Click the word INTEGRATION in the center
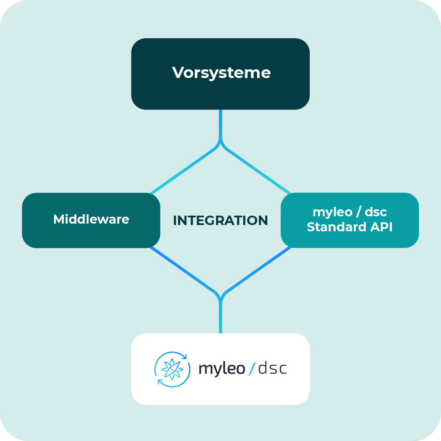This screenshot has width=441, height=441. tap(220, 220)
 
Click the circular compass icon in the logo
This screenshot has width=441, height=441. tap(172, 369)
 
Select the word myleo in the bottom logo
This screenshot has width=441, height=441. tap(222, 369)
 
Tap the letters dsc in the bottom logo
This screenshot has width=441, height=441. tap(272, 369)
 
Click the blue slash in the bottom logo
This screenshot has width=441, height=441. tap(252, 369)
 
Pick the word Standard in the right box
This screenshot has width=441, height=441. tap(336, 227)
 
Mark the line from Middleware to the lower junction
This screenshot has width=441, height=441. tap(183, 270)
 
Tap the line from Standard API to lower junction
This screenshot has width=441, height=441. tap(258, 270)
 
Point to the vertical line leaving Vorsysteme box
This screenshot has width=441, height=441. tap(220, 124)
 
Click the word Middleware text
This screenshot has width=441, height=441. tap(91, 219)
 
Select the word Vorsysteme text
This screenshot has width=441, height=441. tap(221, 73)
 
